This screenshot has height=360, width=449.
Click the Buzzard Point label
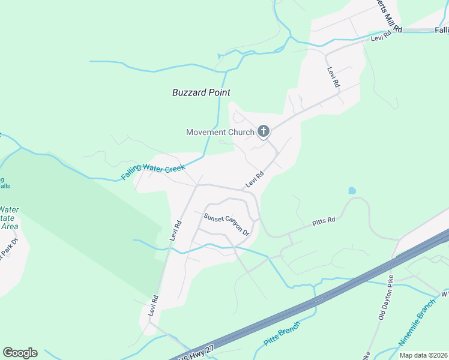(x=201, y=92)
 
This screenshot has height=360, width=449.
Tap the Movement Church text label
(x=220, y=132)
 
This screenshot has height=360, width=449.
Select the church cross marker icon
(x=263, y=131)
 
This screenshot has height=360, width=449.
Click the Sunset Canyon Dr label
(x=226, y=224)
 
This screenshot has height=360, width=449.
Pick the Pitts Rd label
(x=323, y=223)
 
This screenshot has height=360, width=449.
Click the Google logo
(x=20, y=353)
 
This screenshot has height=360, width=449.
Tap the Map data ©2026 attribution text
(x=423, y=355)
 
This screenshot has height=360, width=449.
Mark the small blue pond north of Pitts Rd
(x=352, y=191)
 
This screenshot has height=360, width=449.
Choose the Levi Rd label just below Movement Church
(x=255, y=181)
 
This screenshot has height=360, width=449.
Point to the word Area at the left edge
(x=10, y=226)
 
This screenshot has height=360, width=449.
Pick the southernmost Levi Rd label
(x=154, y=307)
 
